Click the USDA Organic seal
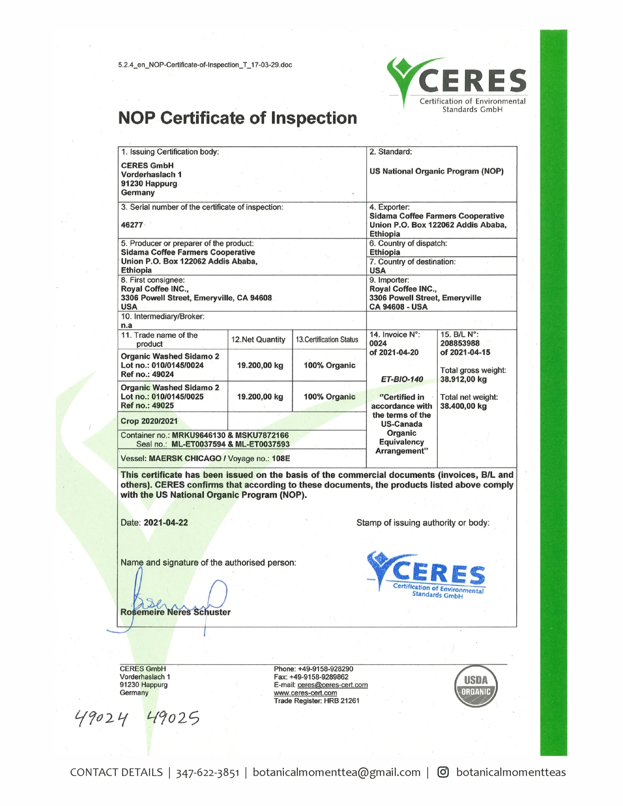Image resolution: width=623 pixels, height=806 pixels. click(476, 686)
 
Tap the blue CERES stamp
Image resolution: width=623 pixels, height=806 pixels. click(426, 575)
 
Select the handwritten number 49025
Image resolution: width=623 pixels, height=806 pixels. click(173, 718)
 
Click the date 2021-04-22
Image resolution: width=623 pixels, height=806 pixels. click(165, 523)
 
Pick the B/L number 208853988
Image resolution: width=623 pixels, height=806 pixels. click(460, 343)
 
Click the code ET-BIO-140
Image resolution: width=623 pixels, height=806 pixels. click(402, 379)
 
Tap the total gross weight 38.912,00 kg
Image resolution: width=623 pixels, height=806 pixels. click(463, 379)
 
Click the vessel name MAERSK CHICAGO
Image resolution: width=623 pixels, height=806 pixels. click(185, 458)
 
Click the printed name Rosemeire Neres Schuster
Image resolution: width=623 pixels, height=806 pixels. click(175, 612)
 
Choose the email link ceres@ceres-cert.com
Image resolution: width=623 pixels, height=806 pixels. click(332, 685)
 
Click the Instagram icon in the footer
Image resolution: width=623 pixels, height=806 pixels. click(443, 772)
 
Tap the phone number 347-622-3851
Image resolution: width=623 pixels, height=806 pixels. click(208, 772)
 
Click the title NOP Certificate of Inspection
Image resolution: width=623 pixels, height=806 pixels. click(237, 118)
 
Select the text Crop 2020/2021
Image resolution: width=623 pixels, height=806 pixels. click(149, 421)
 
